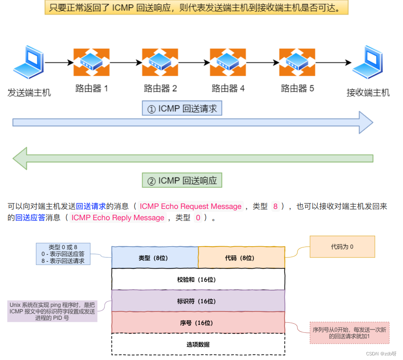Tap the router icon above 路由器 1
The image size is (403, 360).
[91, 62]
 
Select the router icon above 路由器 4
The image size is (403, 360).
[227, 62]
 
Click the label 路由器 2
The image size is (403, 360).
[160, 88]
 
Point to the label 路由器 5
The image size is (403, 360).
[297, 88]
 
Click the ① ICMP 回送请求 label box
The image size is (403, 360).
[182, 109]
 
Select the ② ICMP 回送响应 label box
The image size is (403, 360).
[182, 181]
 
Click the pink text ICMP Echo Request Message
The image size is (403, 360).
[191, 206]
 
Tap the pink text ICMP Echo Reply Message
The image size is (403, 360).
[118, 218]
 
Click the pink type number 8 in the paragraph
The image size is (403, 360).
[275, 206]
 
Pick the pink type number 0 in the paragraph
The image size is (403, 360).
[198, 218]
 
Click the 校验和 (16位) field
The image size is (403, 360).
[198, 279]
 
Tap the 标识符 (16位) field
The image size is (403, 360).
[198, 301]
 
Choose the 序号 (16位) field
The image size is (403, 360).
[198, 323]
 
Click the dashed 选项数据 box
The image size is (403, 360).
[198, 345]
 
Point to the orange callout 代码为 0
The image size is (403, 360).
[342, 247]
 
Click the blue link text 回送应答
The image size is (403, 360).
[30, 218]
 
